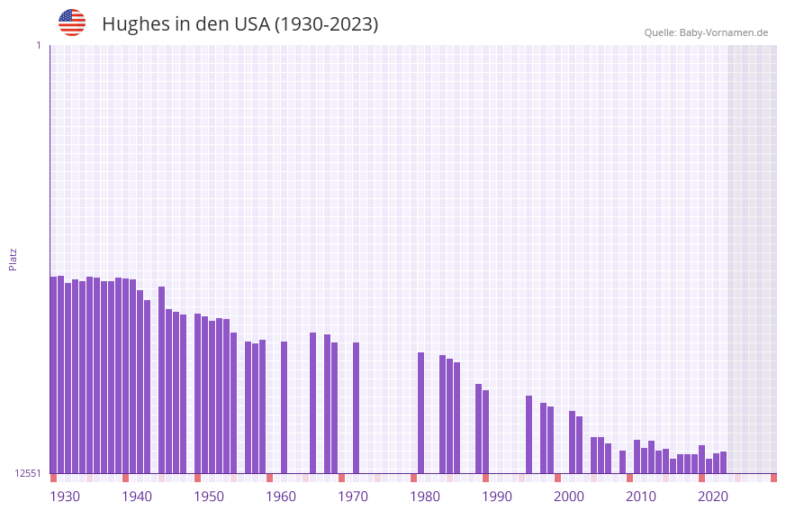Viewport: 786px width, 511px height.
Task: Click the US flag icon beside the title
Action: (x=72, y=23)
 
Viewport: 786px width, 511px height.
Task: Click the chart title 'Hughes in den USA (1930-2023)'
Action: (x=239, y=24)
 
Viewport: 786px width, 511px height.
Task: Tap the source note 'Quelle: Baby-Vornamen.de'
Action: (x=706, y=32)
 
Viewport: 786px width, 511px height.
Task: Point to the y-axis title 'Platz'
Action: (x=13, y=259)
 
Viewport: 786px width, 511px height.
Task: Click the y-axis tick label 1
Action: (x=38, y=45)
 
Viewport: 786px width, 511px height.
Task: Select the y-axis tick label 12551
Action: (x=28, y=473)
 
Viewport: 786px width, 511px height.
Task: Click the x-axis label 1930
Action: (x=65, y=497)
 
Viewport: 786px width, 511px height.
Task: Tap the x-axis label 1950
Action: (x=209, y=497)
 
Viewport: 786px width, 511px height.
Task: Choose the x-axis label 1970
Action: (x=353, y=497)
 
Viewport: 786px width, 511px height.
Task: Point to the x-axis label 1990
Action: (x=497, y=497)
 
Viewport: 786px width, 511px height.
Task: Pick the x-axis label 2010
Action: (x=641, y=497)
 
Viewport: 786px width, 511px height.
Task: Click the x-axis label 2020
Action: (x=713, y=497)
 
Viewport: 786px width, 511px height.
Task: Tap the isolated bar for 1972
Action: (x=357, y=407)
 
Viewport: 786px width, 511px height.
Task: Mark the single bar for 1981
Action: (x=421, y=413)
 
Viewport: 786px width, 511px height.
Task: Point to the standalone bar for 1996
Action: (x=529, y=434)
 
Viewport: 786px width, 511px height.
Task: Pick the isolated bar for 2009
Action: (x=623, y=461)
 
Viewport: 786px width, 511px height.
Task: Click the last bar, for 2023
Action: (x=724, y=462)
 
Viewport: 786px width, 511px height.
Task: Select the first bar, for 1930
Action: (x=54, y=375)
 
